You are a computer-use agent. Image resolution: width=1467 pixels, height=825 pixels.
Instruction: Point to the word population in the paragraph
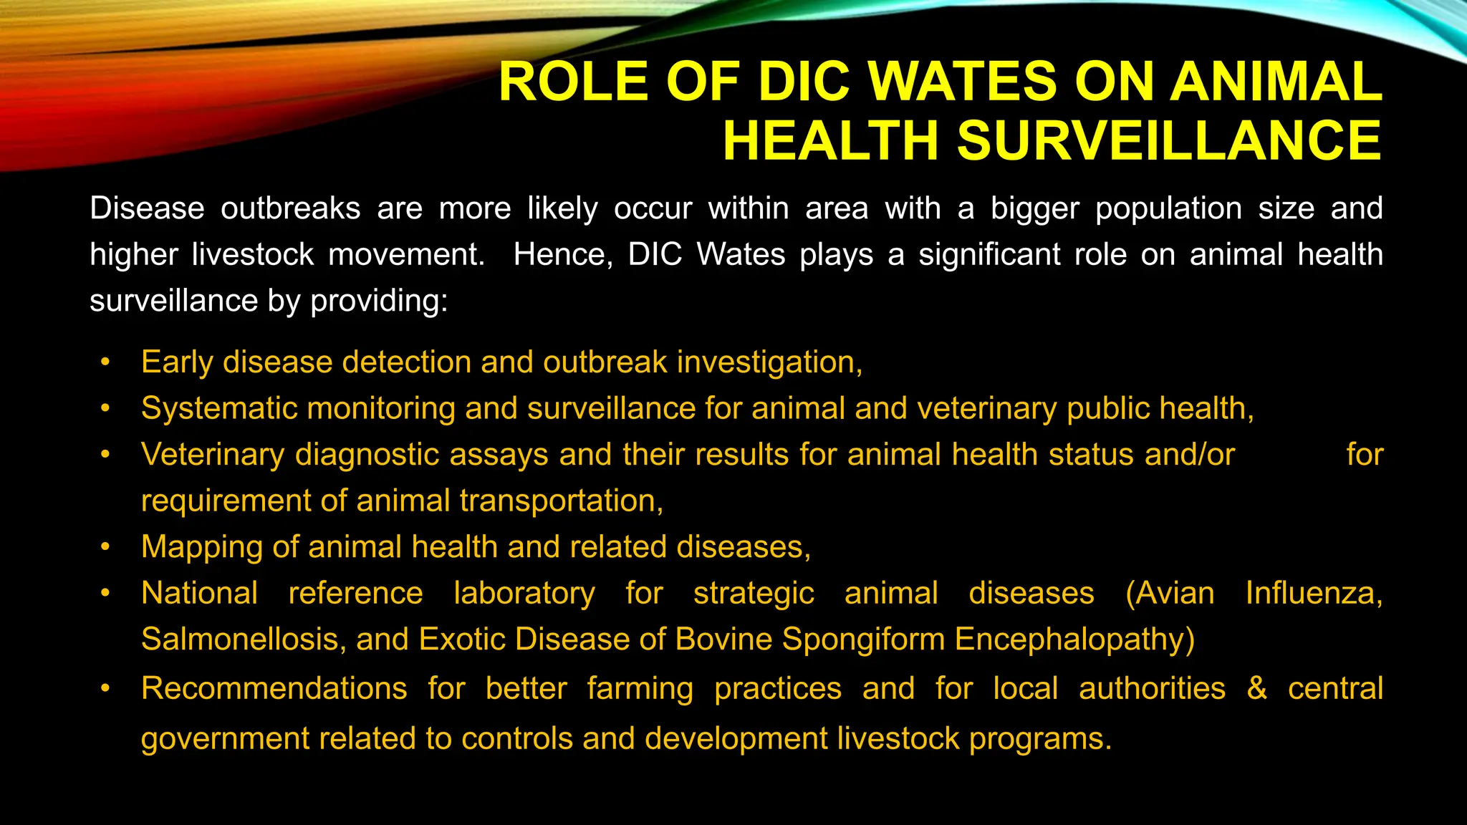(1168, 209)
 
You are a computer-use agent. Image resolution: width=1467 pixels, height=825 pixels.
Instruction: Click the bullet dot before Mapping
(105, 547)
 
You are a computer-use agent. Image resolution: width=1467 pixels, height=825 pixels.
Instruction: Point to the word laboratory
(524, 594)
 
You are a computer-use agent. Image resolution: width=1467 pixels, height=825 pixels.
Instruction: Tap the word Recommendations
(274, 689)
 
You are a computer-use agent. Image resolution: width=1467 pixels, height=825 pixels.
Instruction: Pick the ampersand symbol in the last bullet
(1256, 689)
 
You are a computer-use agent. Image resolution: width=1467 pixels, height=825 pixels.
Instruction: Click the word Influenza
(1313, 594)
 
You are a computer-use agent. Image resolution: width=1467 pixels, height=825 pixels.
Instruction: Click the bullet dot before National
(105, 593)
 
